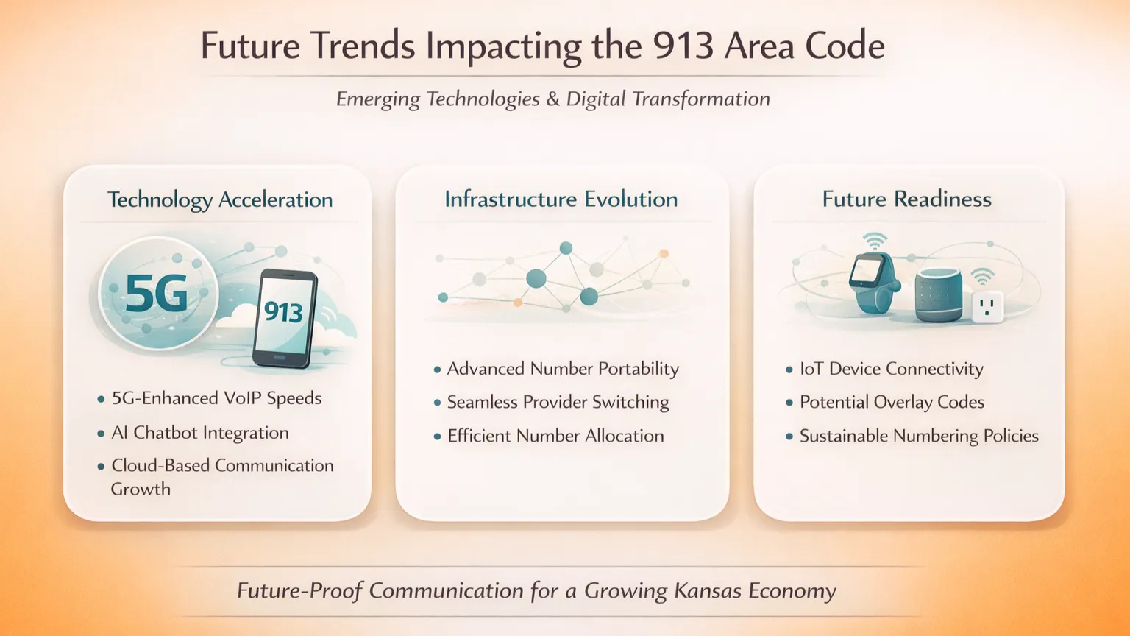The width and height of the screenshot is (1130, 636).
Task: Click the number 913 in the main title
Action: point(683,46)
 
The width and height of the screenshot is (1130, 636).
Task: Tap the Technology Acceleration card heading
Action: point(220,200)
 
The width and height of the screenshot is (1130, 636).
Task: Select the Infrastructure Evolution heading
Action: point(561,199)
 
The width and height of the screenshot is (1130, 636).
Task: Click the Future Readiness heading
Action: point(906,199)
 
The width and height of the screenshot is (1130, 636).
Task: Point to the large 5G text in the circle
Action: point(157,293)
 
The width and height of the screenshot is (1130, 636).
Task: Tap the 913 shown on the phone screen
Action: point(283,312)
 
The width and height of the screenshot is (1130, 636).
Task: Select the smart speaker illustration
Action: point(939,294)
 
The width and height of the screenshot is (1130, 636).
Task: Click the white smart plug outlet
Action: point(988,307)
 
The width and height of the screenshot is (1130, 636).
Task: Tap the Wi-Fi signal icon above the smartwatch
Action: point(874,241)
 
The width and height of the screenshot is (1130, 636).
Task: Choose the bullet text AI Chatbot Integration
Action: point(200,433)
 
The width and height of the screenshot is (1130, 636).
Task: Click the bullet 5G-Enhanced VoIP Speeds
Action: point(216,398)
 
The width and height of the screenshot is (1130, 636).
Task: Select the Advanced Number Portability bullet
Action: point(563,369)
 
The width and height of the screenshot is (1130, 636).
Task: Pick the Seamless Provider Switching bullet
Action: point(558,403)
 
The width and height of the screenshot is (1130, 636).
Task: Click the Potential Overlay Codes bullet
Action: point(892,403)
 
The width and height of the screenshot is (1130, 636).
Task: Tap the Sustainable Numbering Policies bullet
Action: point(919,436)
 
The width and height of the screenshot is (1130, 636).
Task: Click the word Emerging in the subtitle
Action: point(378,99)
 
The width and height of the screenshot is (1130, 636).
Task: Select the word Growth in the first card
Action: point(141,489)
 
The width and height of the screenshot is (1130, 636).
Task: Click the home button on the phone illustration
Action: point(280,358)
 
